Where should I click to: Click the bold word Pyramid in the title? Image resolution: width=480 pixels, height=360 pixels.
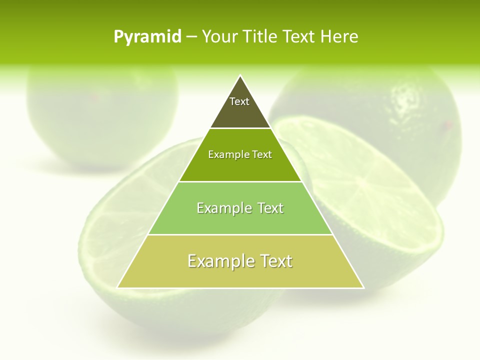pos(147,37)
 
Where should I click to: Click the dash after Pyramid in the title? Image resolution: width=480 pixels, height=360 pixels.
pos(191,37)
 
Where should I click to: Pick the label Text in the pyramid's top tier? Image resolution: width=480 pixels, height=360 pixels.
pos(239,101)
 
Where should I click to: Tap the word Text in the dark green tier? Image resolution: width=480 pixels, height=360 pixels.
pos(262,154)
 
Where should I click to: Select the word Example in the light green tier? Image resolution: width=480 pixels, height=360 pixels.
pos(224,208)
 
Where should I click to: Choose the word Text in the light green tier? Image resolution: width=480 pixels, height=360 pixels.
pos(271,208)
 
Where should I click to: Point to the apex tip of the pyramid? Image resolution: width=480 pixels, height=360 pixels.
pos(240,76)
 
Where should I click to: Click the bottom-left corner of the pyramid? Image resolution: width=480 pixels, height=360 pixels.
pos(118,287)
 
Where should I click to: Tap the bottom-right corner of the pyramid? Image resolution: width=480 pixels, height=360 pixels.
pos(363,287)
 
